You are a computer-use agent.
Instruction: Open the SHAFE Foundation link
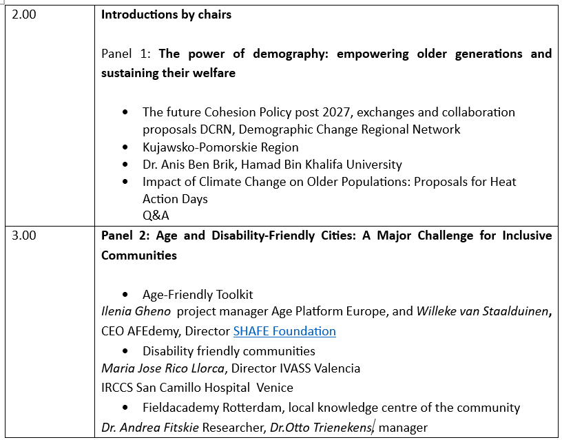coord(284,331)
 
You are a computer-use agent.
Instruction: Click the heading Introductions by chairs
coord(166,14)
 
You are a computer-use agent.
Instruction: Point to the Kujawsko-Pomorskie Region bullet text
coord(220,147)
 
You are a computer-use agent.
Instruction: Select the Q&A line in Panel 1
coord(156,216)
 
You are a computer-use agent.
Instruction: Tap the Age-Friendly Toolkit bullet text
coord(198,295)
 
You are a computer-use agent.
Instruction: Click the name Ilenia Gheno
coord(136,312)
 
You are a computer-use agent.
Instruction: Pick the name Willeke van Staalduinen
coord(482,312)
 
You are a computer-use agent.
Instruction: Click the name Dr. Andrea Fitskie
coord(149,428)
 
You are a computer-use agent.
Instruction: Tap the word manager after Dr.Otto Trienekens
coord(403,428)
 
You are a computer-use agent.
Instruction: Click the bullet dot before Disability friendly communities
coord(125,351)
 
